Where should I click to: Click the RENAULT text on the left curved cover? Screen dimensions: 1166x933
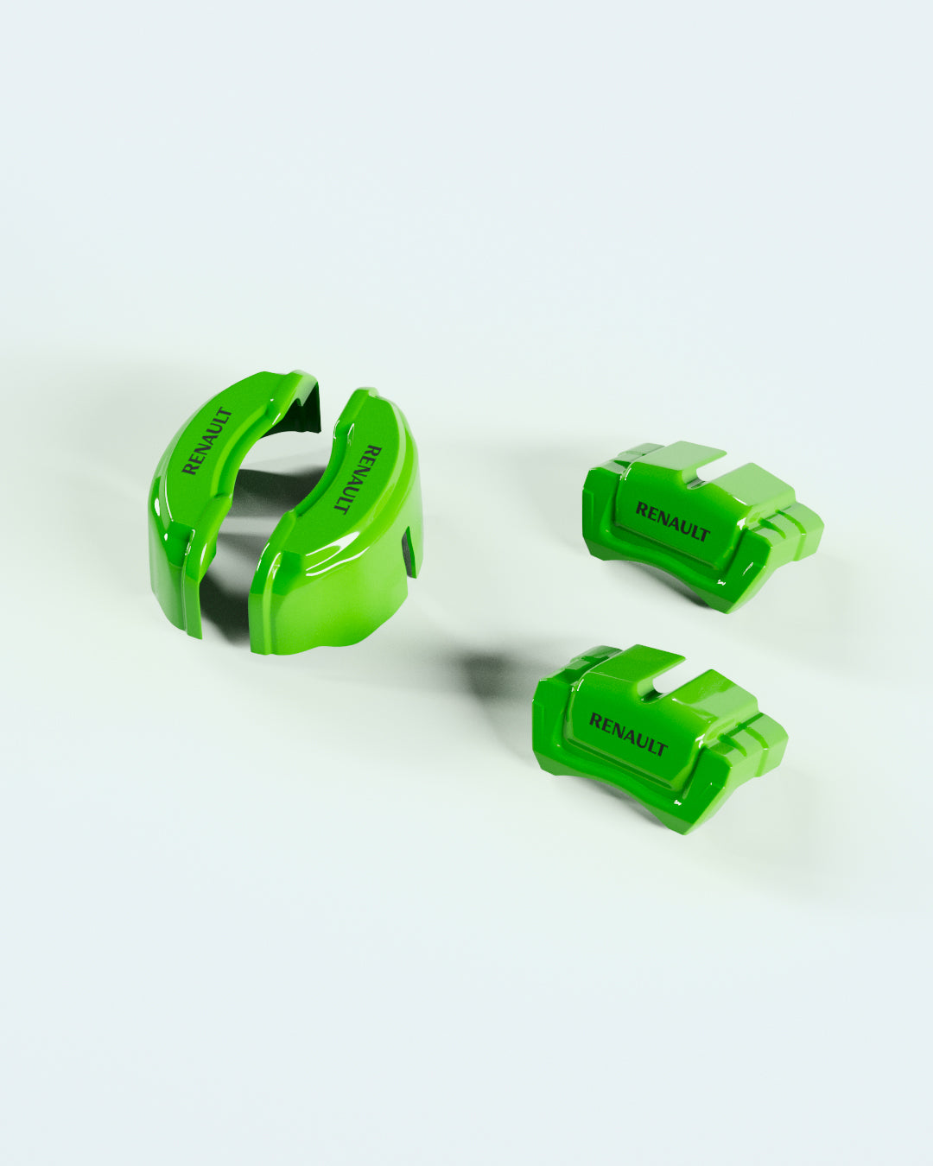click(x=207, y=440)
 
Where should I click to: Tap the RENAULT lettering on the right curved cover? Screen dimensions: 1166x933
click(x=359, y=478)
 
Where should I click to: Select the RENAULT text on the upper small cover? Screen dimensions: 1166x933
click(x=672, y=522)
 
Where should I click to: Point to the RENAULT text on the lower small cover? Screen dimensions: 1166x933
click(x=628, y=734)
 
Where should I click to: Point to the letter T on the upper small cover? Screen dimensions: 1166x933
click(x=704, y=534)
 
